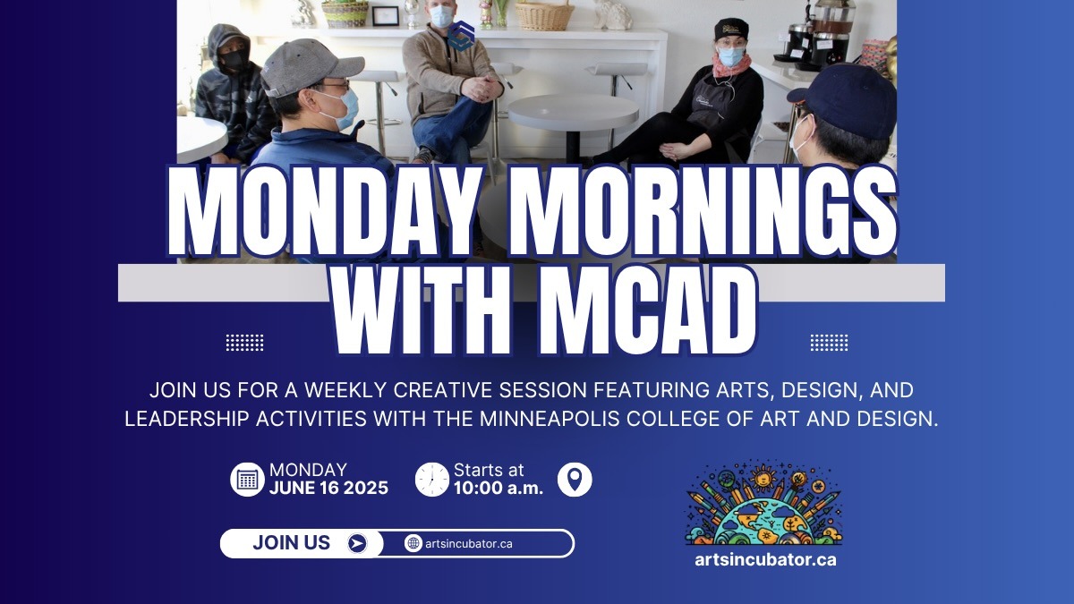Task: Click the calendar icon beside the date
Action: pos(247,480)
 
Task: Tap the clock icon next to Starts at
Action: pos(432,480)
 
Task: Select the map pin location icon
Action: pos(575,480)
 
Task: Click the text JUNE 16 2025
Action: pos(328,489)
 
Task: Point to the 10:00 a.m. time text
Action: pos(498,489)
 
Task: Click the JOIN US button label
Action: pos(291,543)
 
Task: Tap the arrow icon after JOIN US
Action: pos(357,543)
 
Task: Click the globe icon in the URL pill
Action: pos(413,543)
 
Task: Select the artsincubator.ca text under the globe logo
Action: pos(765,560)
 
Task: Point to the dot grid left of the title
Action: pos(244,342)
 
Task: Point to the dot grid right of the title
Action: pos(829,342)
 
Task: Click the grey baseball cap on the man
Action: pos(309,64)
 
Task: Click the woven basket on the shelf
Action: pos(544,15)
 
